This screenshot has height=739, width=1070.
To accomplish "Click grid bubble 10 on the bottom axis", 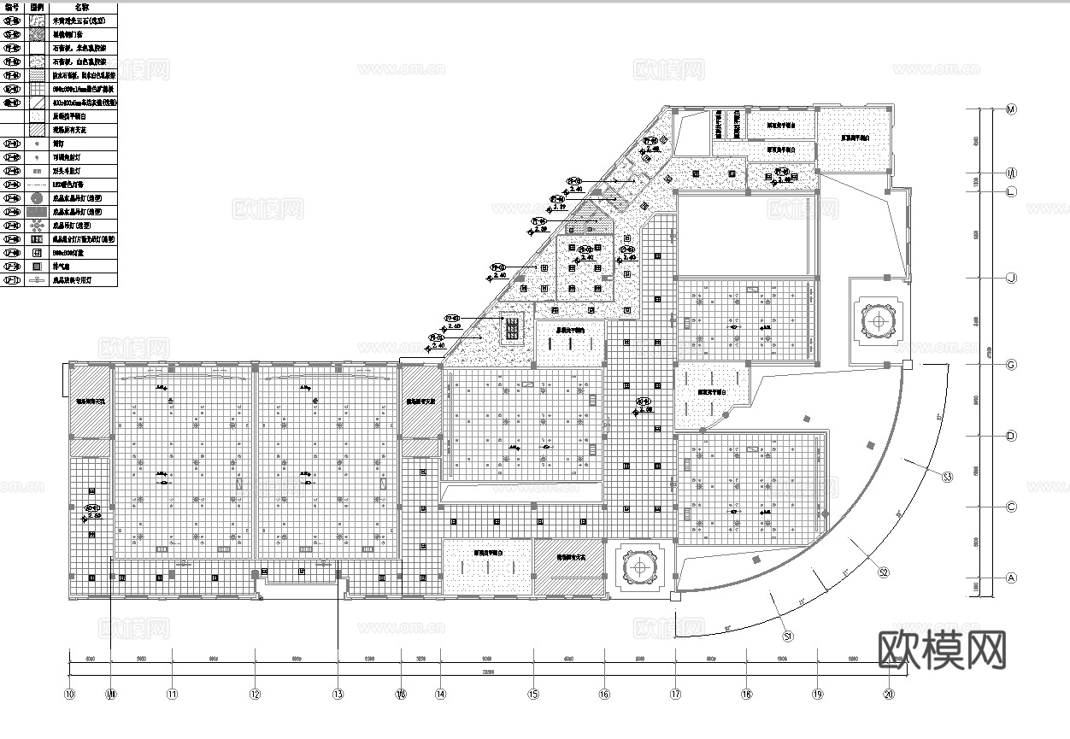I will pos(70,695).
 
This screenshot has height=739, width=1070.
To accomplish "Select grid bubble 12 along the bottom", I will pos(255,695).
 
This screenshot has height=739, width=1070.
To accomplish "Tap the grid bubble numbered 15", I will pos(534,695).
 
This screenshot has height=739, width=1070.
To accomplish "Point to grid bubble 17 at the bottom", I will pos(675,695).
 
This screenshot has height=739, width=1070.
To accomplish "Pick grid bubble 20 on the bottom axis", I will pos(889,695).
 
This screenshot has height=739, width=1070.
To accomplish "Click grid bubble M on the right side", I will pos(1011,109).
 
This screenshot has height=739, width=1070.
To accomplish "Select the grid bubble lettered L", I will pos(1011,192).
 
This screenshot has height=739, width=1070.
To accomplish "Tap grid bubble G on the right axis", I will pos(1011,365).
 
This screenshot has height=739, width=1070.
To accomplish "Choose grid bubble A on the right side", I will pos(1011,578).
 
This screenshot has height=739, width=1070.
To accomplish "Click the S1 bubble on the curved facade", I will pos(789,636).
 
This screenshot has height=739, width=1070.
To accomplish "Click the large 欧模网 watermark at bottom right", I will pos(942,650).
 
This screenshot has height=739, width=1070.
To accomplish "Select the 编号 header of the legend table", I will pos(12,7).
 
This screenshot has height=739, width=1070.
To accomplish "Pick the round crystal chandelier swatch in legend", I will pos(37,198).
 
